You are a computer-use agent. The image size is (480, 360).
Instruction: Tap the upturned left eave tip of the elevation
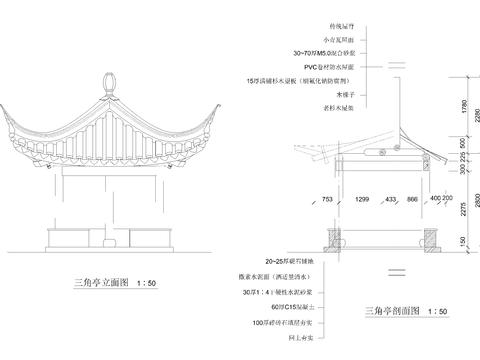[8, 107]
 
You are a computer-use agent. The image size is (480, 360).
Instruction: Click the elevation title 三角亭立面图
[109, 284]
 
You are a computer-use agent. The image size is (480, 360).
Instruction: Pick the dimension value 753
[328, 200]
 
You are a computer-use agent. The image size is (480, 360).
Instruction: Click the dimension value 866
[412, 200]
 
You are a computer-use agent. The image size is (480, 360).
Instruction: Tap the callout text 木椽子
[319, 92]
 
